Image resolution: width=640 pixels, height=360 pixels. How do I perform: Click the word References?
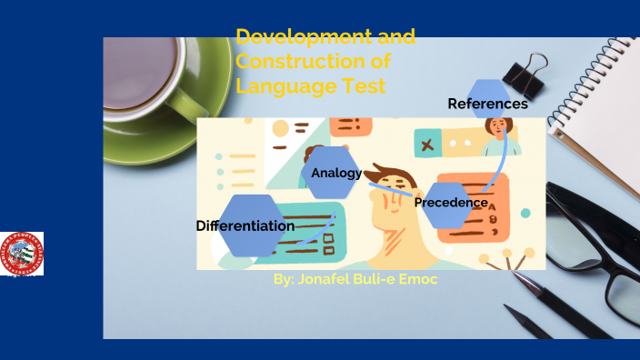(487, 105)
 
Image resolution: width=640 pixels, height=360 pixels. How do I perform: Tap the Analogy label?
(336, 173)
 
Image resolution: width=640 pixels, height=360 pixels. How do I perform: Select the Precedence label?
(451, 203)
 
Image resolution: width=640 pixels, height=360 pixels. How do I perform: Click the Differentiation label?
(245, 226)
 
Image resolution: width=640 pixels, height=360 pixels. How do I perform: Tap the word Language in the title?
(276, 86)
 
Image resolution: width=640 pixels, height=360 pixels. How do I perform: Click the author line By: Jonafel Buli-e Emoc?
(355, 279)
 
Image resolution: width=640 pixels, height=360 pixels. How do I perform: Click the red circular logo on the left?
(22, 254)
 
